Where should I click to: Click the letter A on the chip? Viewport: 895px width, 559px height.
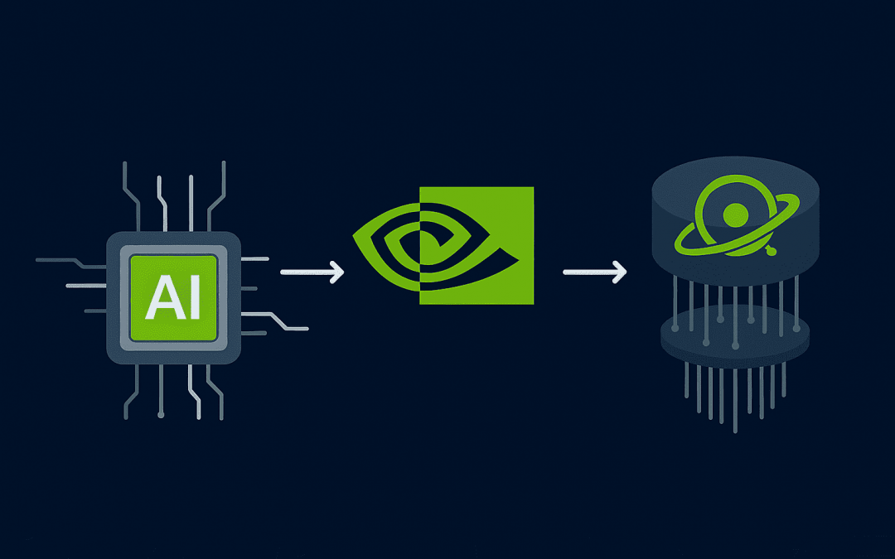coord(159,300)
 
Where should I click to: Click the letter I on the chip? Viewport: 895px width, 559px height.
coord(192,300)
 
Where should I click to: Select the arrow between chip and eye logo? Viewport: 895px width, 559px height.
coord(312,272)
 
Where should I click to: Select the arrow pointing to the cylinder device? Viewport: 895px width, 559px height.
coord(594,272)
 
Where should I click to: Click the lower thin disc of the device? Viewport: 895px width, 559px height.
coord(733,335)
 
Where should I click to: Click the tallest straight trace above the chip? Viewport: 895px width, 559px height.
coord(191,199)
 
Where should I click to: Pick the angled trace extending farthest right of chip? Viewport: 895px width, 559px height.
coord(286,323)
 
